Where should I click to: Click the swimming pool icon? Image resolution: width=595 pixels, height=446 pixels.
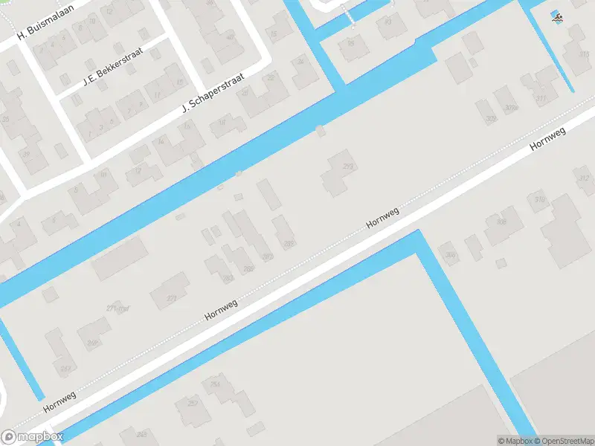(x=556, y=16)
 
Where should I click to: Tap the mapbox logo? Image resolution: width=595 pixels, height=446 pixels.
(x=32, y=437)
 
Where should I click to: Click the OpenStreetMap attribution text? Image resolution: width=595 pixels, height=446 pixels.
(x=562, y=441)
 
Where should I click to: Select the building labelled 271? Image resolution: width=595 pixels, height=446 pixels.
(x=173, y=298)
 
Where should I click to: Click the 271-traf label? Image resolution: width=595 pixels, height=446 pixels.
(x=118, y=308)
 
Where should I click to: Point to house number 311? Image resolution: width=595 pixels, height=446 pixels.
(x=541, y=98)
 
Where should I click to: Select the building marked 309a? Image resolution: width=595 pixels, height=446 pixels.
(x=510, y=108)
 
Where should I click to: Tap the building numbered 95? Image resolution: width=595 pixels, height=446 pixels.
(x=351, y=43)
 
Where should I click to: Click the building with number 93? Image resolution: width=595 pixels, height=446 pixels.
(x=387, y=22)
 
